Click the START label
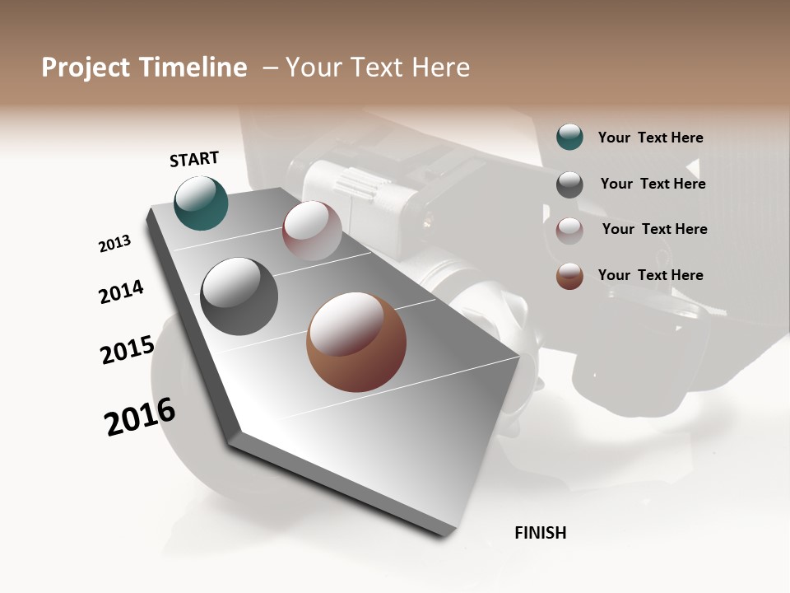click(x=194, y=159)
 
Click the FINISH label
click(x=540, y=533)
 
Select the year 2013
click(x=114, y=244)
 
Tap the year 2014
click(x=121, y=292)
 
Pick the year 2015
click(x=128, y=351)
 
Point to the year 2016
click(x=140, y=417)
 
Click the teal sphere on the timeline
click(x=202, y=203)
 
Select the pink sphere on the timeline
click(x=312, y=231)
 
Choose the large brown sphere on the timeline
click(x=356, y=342)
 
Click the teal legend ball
click(x=569, y=138)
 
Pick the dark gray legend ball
click(x=569, y=184)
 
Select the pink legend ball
click(x=569, y=231)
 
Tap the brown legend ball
click(x=569, y=276)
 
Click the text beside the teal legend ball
click(x=650, y=138)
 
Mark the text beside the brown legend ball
click(x=650, y=275)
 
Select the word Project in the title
click(x=86, y=68)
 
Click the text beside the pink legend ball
click(x=654, y=229)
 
